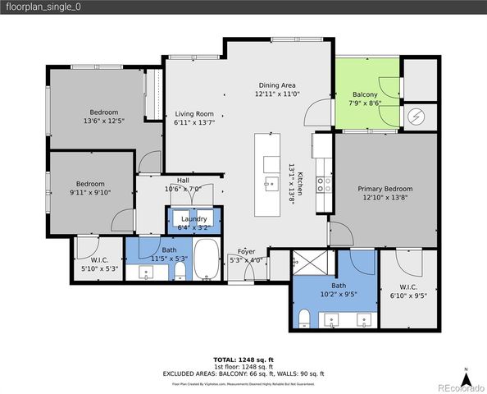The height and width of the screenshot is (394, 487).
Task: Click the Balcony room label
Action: pos(365,94)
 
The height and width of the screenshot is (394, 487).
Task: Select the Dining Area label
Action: pos(277,85)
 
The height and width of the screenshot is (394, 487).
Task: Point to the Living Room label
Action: pos(193,114)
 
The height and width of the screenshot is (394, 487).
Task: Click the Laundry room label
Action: pos(193,218)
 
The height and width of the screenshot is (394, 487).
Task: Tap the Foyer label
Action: pos(246,250)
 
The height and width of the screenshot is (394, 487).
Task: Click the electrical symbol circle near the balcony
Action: pos(419,117)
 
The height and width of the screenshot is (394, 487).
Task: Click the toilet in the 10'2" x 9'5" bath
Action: pos(303,318)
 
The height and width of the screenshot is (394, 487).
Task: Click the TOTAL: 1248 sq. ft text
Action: pos(243,360)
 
